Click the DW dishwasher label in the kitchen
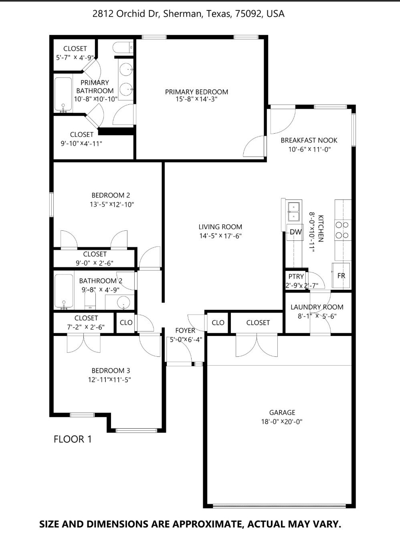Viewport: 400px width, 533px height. point(296,232)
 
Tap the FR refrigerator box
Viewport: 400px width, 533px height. point(341,275)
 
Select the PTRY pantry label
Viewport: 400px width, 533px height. point(296,277)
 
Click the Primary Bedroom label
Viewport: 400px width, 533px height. point(197,92)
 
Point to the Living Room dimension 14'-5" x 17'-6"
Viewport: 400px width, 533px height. point(220,236)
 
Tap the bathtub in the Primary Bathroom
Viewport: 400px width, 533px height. point(63,95)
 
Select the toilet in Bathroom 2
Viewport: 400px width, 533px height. point(90,300)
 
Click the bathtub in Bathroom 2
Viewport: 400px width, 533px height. point(64,292)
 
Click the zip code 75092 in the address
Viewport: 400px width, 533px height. point(248,14)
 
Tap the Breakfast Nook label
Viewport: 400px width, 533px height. point(309,140)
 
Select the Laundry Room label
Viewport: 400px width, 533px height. point(317,307)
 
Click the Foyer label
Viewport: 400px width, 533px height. point(185,330)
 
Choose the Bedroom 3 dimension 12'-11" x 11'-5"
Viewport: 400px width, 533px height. point(109,380)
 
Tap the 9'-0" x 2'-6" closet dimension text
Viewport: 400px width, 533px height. point(95,263)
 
